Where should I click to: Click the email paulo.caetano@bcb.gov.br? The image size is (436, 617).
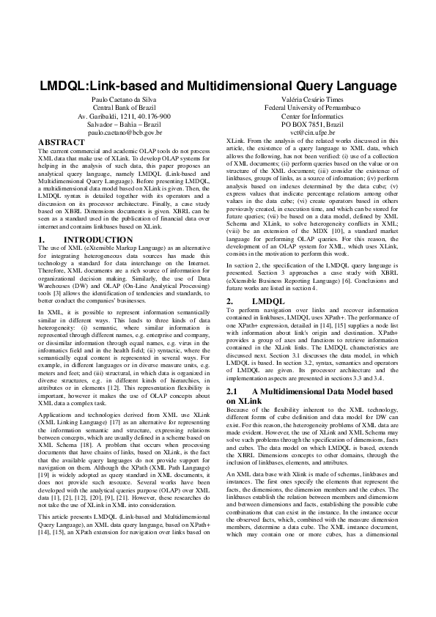click(x=125, y=133)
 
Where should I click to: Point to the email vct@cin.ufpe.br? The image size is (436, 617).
click(x=311, y=133)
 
